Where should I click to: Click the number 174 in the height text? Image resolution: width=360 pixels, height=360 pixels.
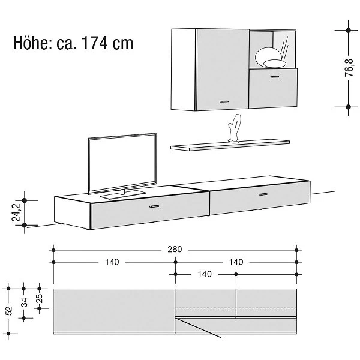[95, 43]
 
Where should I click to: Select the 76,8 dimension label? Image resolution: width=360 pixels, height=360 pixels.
[349, 68]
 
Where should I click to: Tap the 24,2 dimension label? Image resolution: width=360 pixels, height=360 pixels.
[16, 212]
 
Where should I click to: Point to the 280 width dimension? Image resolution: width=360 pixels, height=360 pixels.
[175, 250]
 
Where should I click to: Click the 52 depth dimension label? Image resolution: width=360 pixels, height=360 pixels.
[8, 311]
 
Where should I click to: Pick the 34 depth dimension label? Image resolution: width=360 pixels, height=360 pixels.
[24, 302]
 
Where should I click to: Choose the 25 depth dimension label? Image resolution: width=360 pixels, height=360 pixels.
[39, 298]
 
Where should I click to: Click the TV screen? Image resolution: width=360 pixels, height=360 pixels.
[122, 163]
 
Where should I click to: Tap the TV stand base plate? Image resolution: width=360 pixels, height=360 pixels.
[123, 194]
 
